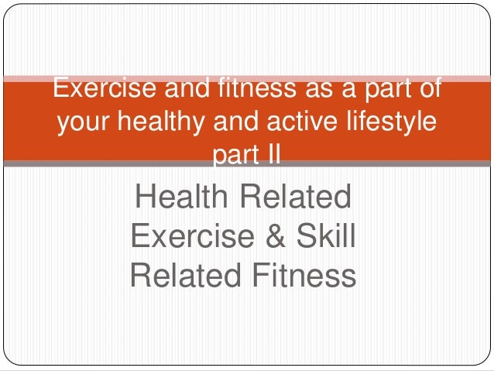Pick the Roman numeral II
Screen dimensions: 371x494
tap(271, 155)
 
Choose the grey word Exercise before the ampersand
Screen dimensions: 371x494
tap(191, 235)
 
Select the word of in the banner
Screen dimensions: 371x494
tap(428, 90)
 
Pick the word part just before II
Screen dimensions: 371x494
tap(234, 155)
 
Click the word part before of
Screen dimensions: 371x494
tap(379, 90)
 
